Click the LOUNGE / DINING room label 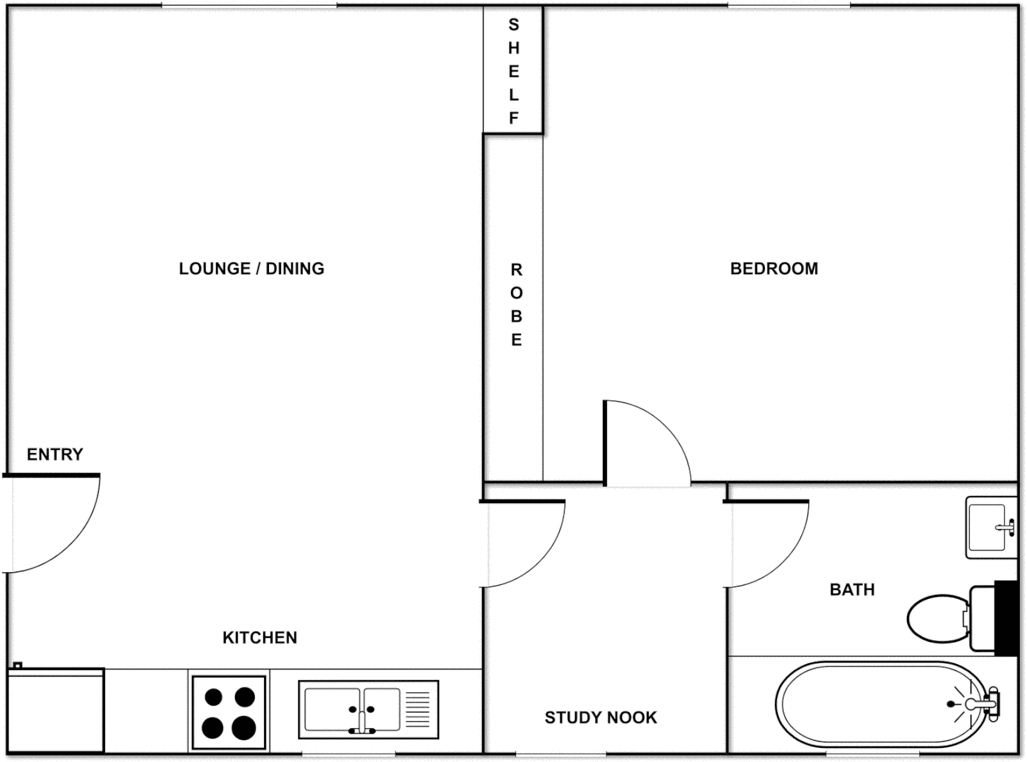(251, 269)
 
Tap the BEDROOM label (774, 269)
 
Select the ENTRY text (55, 454)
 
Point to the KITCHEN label (260, 638)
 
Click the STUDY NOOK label (601, 718)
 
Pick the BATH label (852, 590)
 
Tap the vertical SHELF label (514, 71)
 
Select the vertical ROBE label (517, 305)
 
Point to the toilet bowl (936, 618)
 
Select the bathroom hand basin (990, 527)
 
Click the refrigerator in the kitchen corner (56, 710)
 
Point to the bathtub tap (981, 704)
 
